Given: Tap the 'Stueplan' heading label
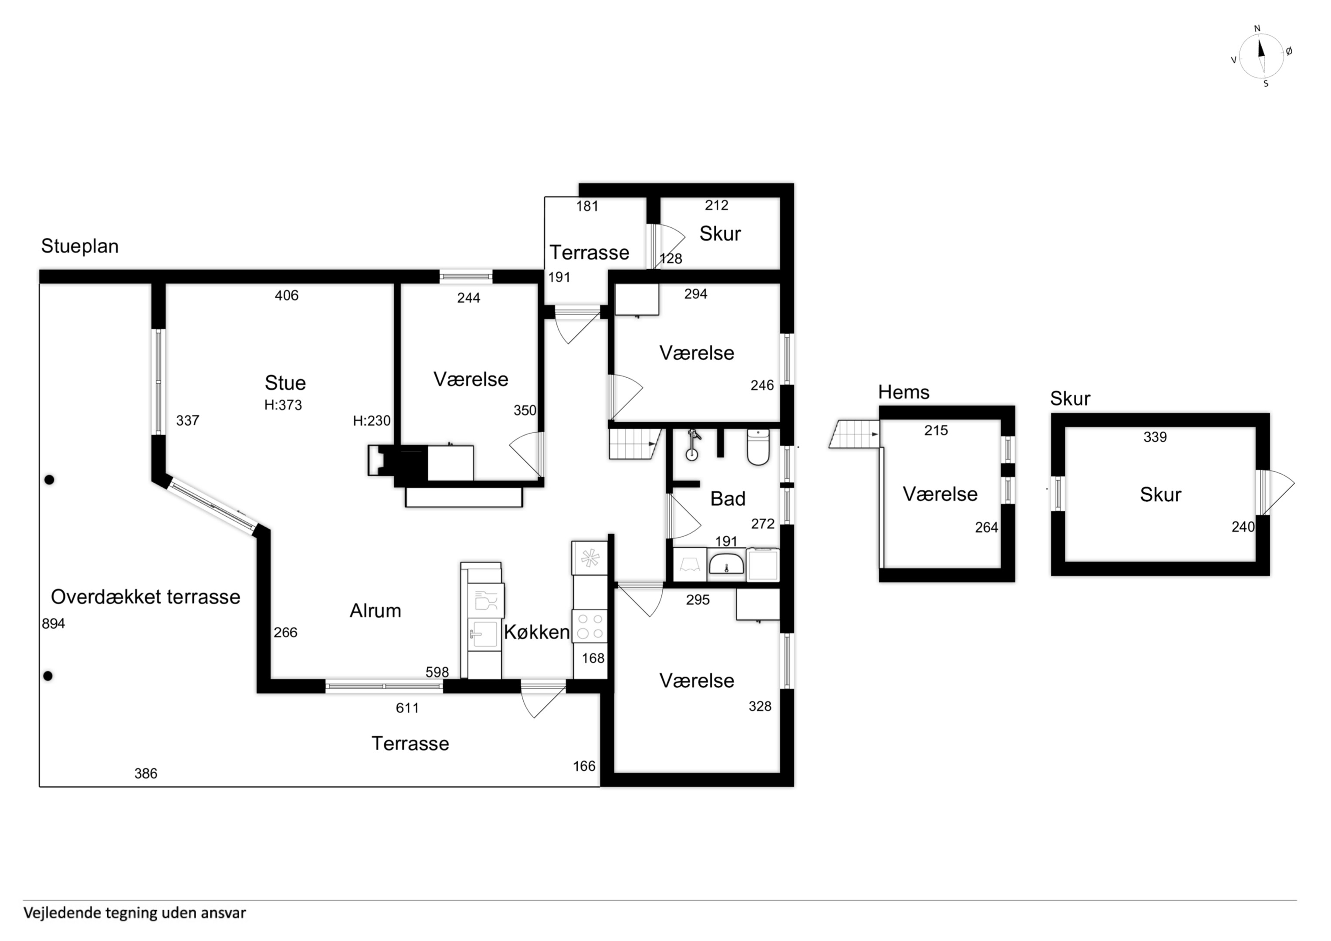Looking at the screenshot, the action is tap(80, 247).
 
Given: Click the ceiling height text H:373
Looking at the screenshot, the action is tap(283, 405).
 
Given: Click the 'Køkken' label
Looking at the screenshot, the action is tap(537, 632).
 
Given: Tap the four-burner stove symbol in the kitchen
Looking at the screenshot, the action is tap(589, 626).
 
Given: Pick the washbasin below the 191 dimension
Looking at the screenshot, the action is tap(726, 564).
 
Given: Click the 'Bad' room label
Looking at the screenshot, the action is tap(728, 499).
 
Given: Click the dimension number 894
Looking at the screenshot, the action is tap(53, 624).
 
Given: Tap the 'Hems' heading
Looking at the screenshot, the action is tap(904, 393).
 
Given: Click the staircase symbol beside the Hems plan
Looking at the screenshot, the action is tap(854, 434).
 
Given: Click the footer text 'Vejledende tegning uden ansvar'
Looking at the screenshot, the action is tap(135, 913).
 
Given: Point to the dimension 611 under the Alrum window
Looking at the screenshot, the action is tap(407, 708).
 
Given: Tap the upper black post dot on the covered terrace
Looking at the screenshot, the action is tap(49, 480).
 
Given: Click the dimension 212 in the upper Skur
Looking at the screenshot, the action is tap(717, 205).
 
